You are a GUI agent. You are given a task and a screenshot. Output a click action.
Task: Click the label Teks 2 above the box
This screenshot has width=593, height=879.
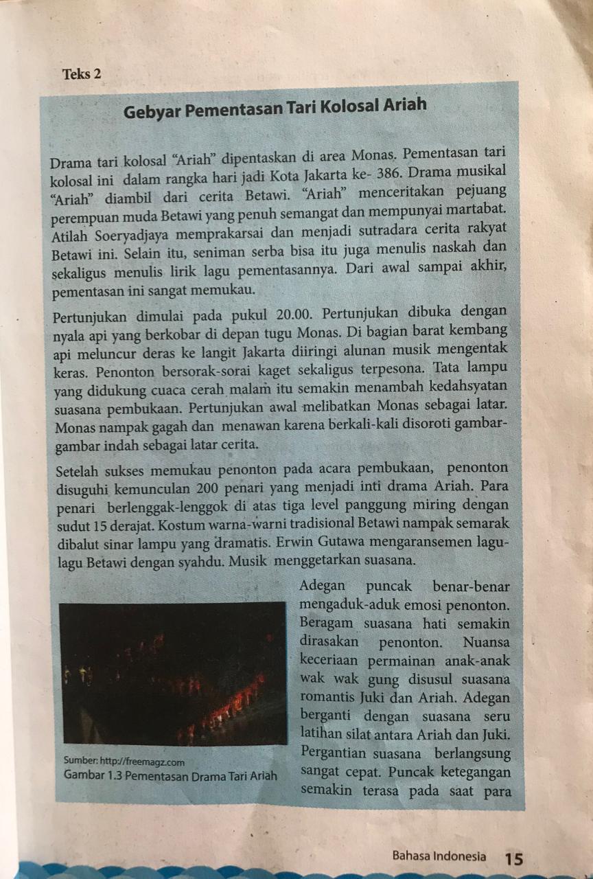(82, 74)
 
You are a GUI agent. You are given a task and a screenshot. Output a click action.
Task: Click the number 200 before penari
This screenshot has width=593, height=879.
(210, 489)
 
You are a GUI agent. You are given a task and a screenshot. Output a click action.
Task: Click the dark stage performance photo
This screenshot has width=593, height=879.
(172, 673)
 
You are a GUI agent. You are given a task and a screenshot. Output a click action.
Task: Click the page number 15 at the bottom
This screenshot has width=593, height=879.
(513, 858)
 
